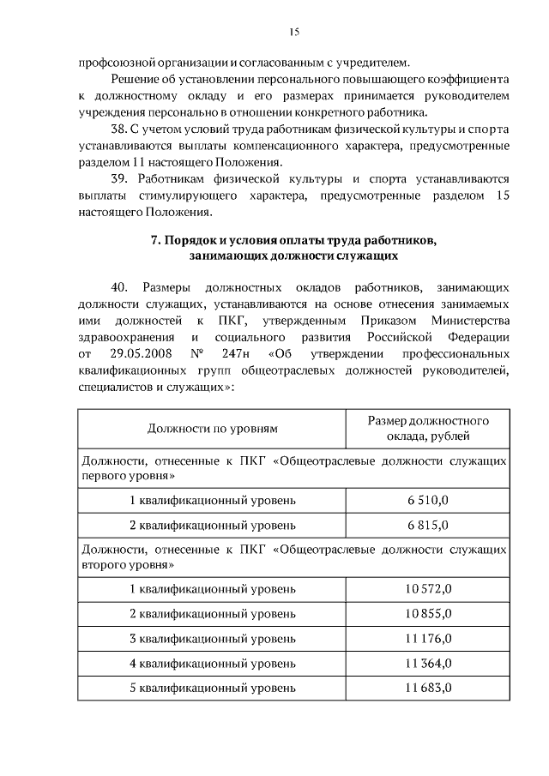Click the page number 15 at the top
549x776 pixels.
294,33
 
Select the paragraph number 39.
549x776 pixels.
119,179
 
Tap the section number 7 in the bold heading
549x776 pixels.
154,241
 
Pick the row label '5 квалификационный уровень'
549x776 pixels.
213,688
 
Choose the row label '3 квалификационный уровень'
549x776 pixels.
213,639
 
